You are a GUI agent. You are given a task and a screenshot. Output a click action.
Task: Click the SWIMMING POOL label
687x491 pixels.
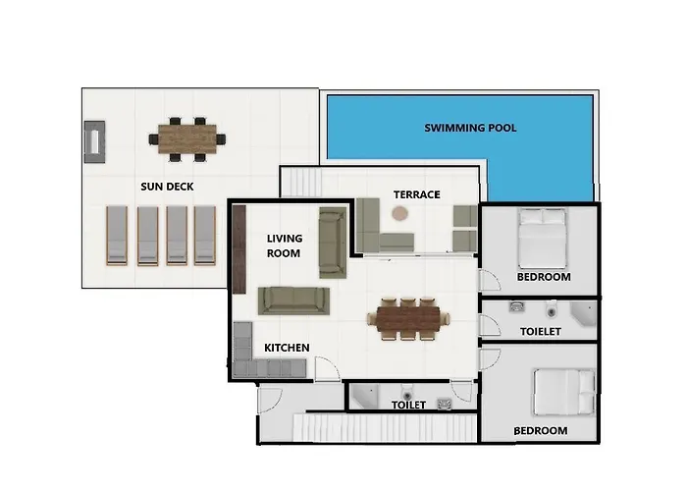pyautogui.click(x=470, y=128)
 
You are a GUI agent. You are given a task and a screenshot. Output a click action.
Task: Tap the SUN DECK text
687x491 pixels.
pyautogui.click(x=167, y=187)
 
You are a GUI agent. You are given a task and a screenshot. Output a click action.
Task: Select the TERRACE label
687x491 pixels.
pyautogui.click(x=417, y=194)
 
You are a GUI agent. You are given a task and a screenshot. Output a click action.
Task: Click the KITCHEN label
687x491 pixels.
pyautogui.click(x=287, y=348)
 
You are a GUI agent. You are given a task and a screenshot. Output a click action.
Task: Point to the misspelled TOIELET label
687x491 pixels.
pyautogui.click(x=540, y=332)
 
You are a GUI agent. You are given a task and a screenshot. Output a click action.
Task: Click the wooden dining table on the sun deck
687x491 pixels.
pyautogui.click(x=187, y=139)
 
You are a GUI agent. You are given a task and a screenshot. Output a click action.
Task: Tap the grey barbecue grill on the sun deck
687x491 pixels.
pyautogui.click(x=94, y=142)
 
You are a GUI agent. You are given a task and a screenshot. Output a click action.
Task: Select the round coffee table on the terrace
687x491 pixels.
pyautogui.click(x=400, y=214)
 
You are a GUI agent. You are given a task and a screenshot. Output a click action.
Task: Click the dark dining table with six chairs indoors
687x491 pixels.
pyautogui.click(x=408, y=319)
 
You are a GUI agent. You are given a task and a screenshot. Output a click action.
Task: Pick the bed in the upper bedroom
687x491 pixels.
pyautogui.click(x=543, y=239)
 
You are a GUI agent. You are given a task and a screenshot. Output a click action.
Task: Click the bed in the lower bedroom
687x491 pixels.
pyautogui.click(x=564, y=392)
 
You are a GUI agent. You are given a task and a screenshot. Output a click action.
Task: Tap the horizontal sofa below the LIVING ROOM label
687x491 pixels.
pyautogui.click(x=293, y=300)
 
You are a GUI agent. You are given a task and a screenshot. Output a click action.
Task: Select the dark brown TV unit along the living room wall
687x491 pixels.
pyautogui.click(x=238, y=249)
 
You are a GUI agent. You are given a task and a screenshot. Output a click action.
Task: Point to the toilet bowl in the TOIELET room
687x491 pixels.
pyautogui.click(x=552, y=309)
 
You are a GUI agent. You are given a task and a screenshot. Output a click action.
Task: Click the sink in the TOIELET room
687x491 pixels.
pyautogui.click(x=517, y=306)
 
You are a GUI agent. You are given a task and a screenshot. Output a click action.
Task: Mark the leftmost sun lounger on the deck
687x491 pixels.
pyautogui.click(x=117, y=236)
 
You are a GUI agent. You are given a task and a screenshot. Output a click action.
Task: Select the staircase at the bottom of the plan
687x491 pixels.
pyautogui.click(x=385, y=427)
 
